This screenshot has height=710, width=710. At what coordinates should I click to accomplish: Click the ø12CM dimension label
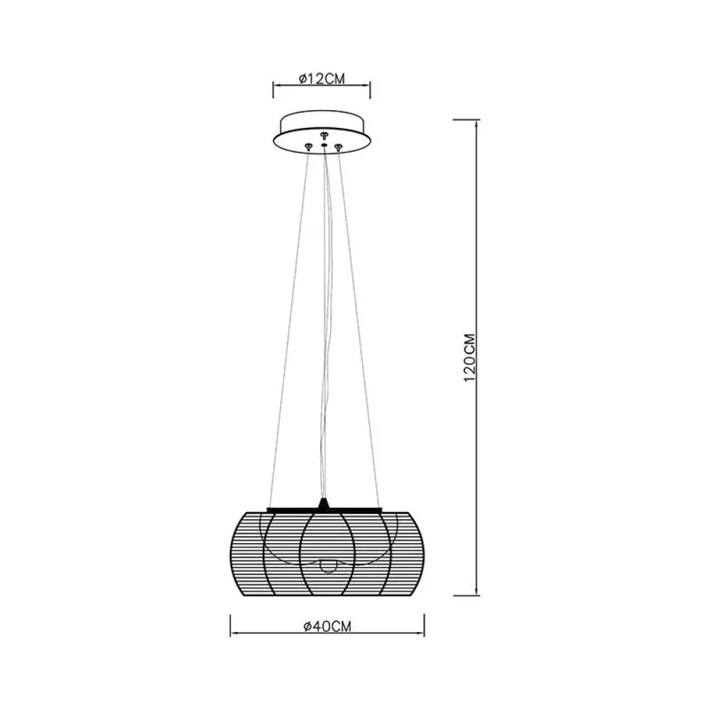[322, 79]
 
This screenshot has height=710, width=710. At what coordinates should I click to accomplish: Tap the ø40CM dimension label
[327, 626]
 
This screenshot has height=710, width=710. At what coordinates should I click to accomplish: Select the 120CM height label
[470, 358]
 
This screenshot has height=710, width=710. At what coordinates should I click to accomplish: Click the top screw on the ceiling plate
[323, 136]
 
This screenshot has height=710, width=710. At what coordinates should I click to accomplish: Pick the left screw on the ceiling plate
[308, 146]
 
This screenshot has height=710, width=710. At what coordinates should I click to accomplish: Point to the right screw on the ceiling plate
[338, 146]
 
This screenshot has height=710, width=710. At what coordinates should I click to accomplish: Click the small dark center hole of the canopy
[324, 146]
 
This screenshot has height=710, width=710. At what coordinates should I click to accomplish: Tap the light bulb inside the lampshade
[327, 565]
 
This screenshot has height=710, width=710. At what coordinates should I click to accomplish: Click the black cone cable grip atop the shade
[323, 503]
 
